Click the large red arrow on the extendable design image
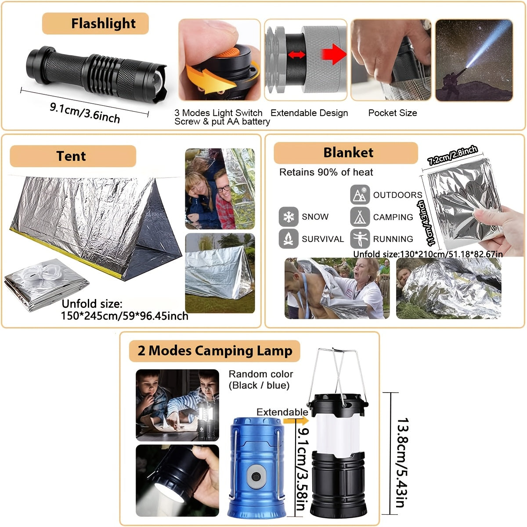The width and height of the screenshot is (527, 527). point(334,54)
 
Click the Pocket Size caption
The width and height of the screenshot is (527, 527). point(392,113)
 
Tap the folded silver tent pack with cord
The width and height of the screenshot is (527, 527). point(46,285)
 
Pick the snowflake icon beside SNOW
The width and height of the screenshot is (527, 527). point(288,217)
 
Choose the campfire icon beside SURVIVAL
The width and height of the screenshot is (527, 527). point(288,238)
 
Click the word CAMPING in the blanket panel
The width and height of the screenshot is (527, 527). point(393,217)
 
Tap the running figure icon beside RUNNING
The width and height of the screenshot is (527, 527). point(360,238)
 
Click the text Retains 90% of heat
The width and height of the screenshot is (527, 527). point(326,172)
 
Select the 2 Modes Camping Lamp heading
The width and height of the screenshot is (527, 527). point(214,351)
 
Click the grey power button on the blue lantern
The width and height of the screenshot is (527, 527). point(255,476)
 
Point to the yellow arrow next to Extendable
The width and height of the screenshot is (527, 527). point(290,421)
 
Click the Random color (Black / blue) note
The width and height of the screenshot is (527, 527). point(260,380)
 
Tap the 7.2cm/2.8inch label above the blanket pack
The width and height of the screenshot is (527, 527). point(452,155)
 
